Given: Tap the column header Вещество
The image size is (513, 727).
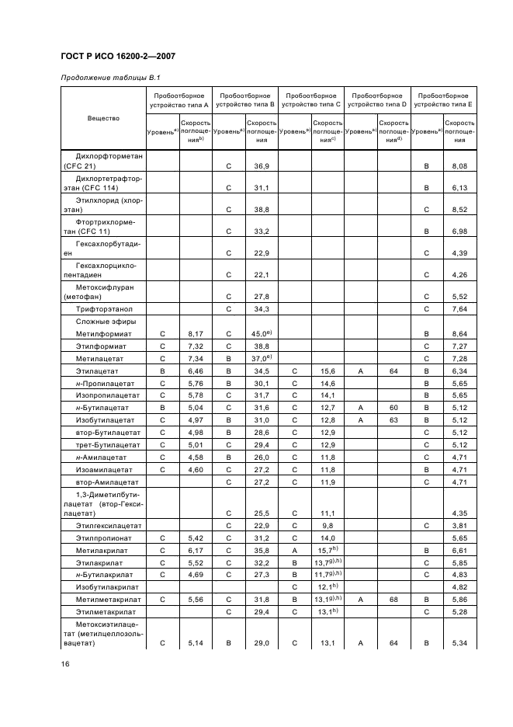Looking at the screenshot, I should [x=103, y=118].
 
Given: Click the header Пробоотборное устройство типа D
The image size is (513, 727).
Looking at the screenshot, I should [x=377, y=99].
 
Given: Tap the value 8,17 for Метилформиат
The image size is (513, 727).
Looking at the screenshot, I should [x=196, y=333].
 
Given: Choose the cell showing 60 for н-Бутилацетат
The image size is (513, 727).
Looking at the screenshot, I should [x=393, y=406].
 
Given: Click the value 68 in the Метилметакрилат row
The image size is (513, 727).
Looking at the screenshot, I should [x=393, y=600].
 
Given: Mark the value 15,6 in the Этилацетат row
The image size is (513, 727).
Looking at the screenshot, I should [x=328, y=372].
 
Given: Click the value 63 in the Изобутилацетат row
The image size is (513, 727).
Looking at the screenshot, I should [x=393, y=420].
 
